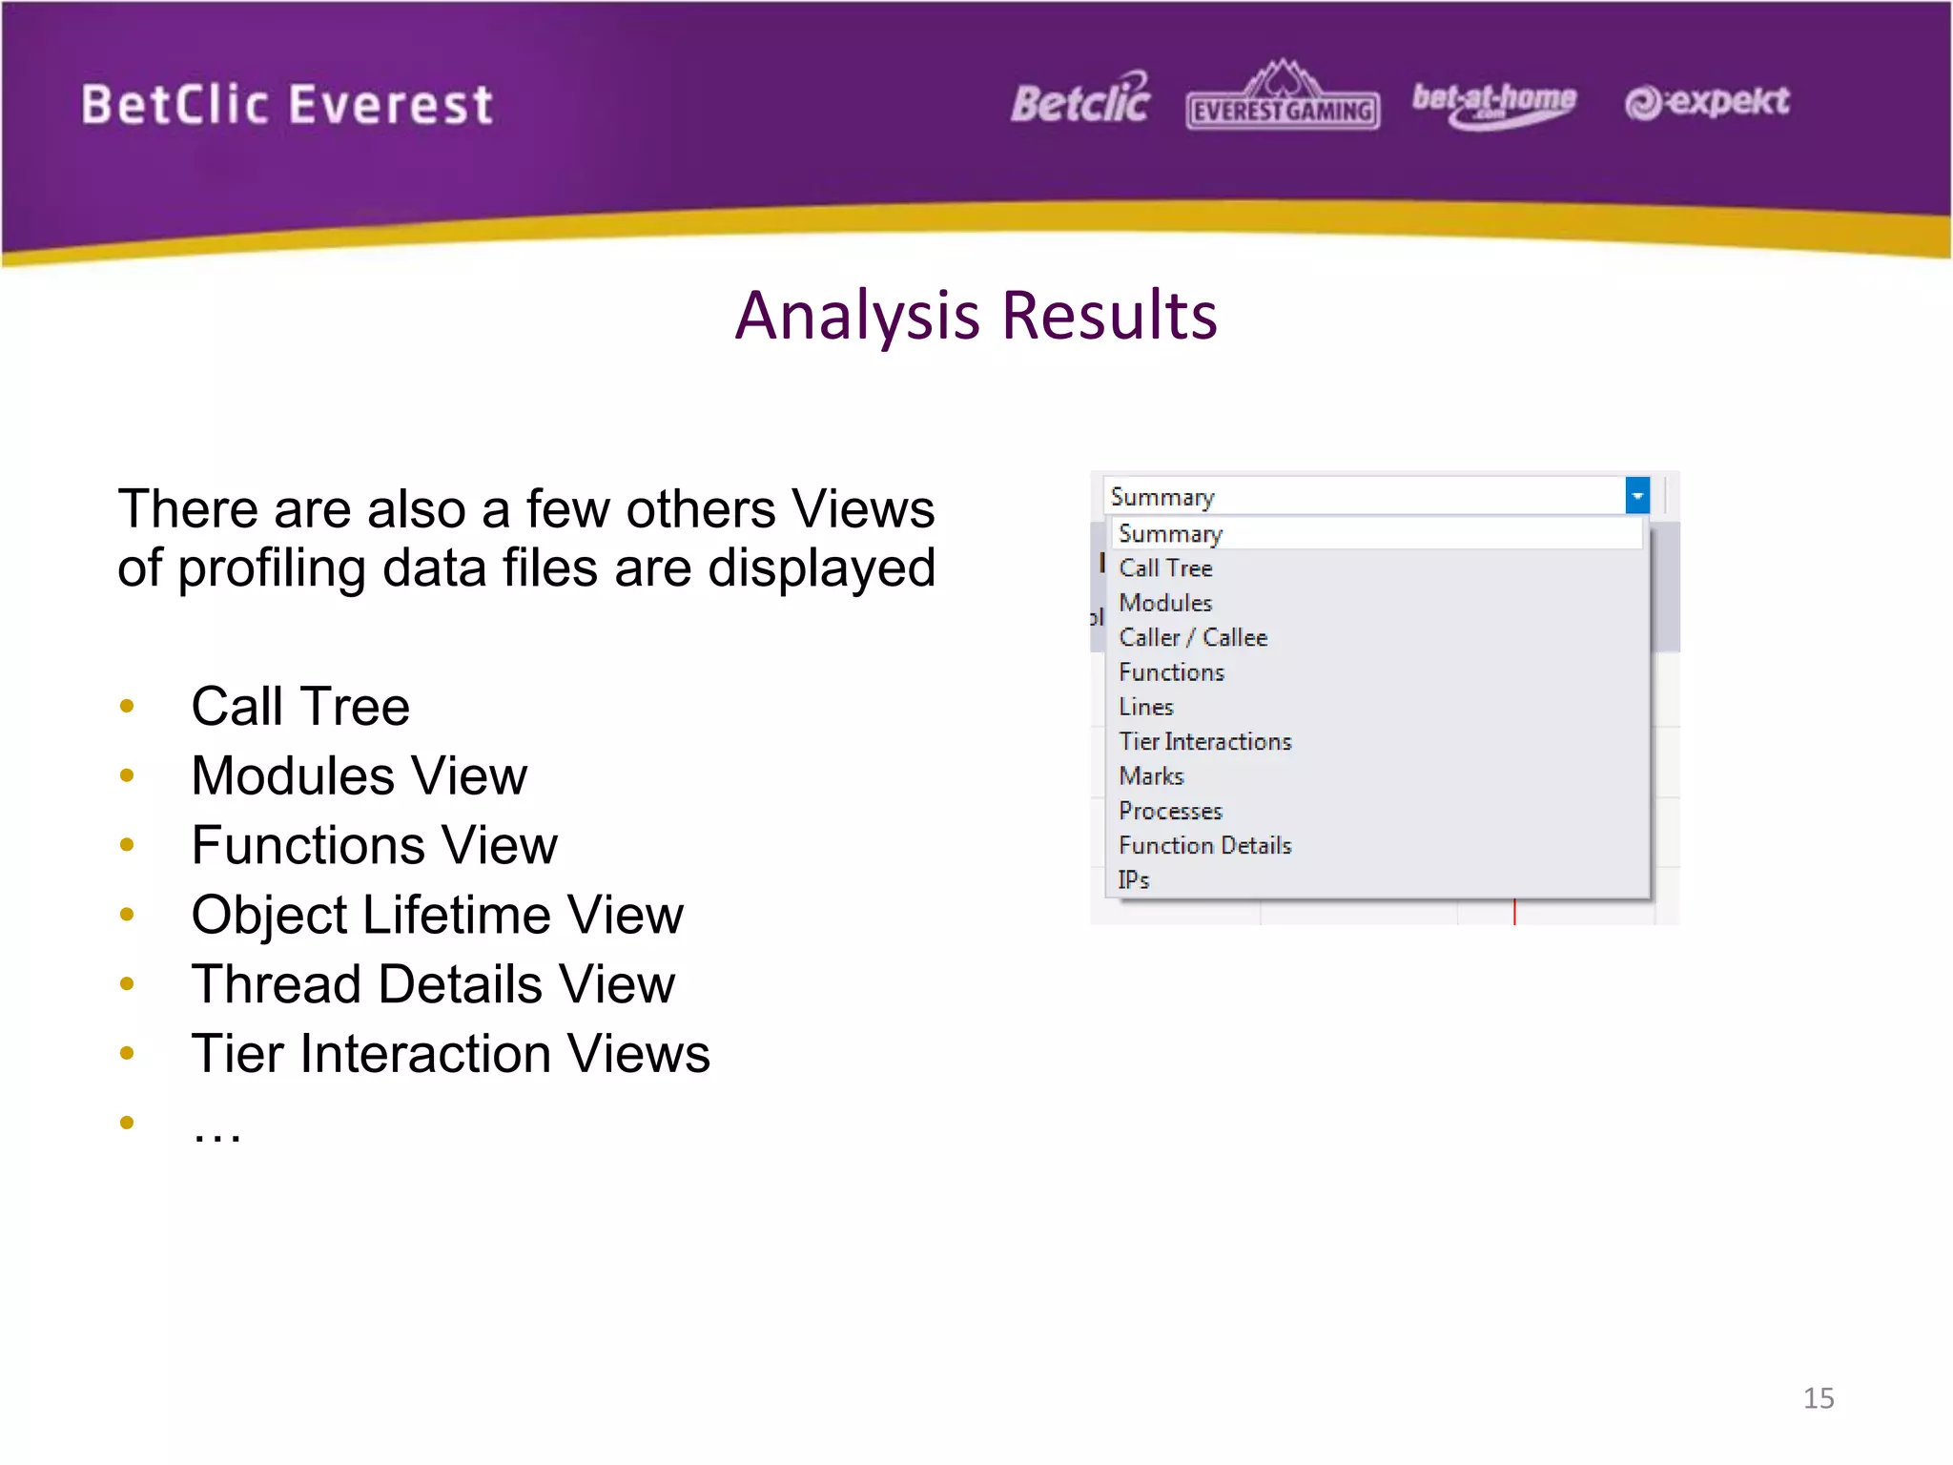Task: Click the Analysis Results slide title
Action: click(976, 316)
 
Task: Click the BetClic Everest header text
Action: click(287, 104)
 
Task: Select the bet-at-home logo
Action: click(1493, 103)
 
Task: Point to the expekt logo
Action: click(1707, 101)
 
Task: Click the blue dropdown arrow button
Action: click(1636, 496)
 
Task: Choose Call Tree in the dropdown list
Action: click(1165, 568)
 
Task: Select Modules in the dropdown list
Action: click(1165, 603)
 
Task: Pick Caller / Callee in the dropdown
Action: click(1193, 638)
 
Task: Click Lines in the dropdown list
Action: click(1145, 707)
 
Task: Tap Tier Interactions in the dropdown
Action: click(1204, 742)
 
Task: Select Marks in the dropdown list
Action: click(1151, 776)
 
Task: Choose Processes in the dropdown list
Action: click(1170, 812)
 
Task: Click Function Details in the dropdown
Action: click(1204, 846)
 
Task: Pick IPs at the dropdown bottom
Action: click(1134, 880)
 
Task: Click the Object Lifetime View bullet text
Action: click(437, 916)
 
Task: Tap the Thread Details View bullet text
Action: click(433, 984)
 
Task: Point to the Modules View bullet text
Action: click(359, 775)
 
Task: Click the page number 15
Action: click(1818, 1398)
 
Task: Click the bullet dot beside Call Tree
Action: click(127, 707)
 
